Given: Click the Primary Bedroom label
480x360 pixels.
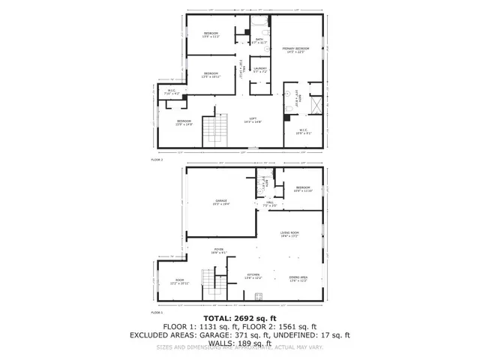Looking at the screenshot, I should click(298, 49).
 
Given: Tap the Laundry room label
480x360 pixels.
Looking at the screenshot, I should click(260, 70).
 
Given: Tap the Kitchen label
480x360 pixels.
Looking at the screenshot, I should click(253, 277).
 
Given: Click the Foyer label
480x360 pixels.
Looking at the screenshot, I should click(220, 251).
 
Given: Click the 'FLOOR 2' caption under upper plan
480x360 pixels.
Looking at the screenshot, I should click(157, 160).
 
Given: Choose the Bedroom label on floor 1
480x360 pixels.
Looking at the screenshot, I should click(302, 190).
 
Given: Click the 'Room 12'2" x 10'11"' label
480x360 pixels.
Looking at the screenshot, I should click(180, 283).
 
